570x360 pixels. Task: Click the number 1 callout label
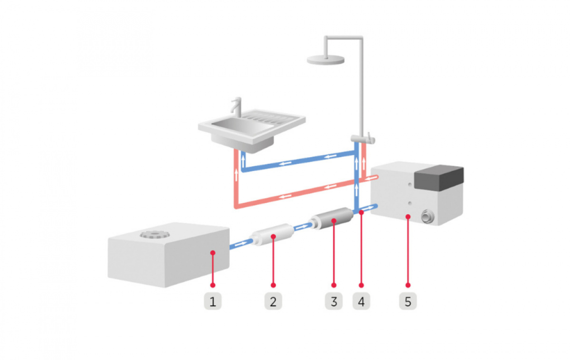(213, 302)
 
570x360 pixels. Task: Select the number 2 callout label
(273, 302)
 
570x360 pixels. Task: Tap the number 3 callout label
(333, 302)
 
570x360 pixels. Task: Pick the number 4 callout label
(361, 302)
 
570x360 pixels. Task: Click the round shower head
(326, 59)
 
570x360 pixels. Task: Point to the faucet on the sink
(236, 106)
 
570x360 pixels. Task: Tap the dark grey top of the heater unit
(439, 176)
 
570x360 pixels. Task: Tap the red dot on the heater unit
(408, 217)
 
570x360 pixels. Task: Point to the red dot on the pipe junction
(361, 212)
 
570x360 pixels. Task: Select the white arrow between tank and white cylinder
(241, 244)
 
